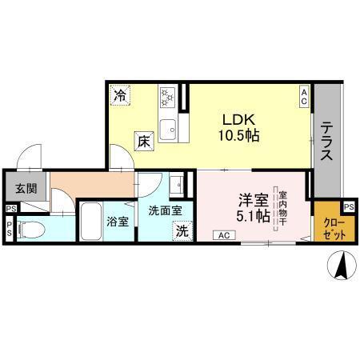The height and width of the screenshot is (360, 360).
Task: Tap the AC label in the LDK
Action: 304,97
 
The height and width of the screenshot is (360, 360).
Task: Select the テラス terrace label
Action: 327,142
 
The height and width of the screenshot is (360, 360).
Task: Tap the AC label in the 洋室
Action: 223,234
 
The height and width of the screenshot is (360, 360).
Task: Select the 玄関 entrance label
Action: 25,189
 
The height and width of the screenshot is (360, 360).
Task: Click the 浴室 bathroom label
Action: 118,222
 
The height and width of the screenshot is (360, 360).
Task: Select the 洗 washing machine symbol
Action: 182,231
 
